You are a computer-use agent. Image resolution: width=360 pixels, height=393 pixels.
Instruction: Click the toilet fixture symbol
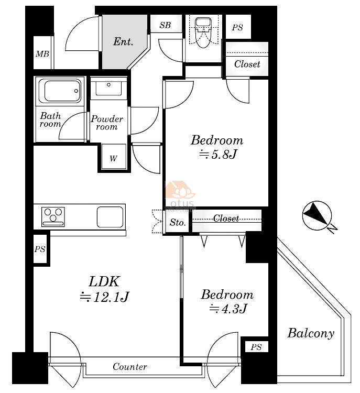click(203, 32)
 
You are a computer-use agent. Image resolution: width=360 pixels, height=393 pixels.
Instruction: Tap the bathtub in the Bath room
click(60, 91)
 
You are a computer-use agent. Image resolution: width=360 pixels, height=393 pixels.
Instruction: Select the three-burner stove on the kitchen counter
click(53, 217)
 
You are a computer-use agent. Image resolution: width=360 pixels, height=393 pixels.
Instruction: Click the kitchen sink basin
click(110, 217)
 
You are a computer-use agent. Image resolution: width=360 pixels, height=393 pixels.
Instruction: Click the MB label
click(42, 53)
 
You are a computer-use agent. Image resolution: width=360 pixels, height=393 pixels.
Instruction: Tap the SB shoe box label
click(165, 25)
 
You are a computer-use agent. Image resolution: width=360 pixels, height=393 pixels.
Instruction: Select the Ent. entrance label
click(123, 41)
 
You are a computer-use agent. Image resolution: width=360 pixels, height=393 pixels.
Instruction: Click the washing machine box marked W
click(114, 157)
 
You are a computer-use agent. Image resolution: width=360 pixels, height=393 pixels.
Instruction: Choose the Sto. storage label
click(178, 222)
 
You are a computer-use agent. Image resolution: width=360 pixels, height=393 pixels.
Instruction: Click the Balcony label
click(311, 333)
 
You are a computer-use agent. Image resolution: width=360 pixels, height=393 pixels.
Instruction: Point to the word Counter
click(130, 367)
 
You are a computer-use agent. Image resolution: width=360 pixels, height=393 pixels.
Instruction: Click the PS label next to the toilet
click(237, 27)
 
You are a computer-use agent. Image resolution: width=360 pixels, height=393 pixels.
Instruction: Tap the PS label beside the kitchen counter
click(40, 249)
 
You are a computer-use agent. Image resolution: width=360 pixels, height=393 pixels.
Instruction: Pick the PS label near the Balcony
click(256, 347)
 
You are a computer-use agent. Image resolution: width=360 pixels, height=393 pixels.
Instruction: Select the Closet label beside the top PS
click(247, 64)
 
